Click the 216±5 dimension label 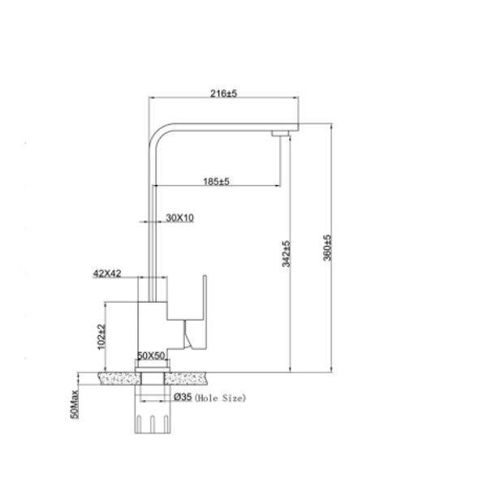[223, 94]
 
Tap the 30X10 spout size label [179, 218]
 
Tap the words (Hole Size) [219, 398]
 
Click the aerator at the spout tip [280, 131]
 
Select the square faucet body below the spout [152, 325]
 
